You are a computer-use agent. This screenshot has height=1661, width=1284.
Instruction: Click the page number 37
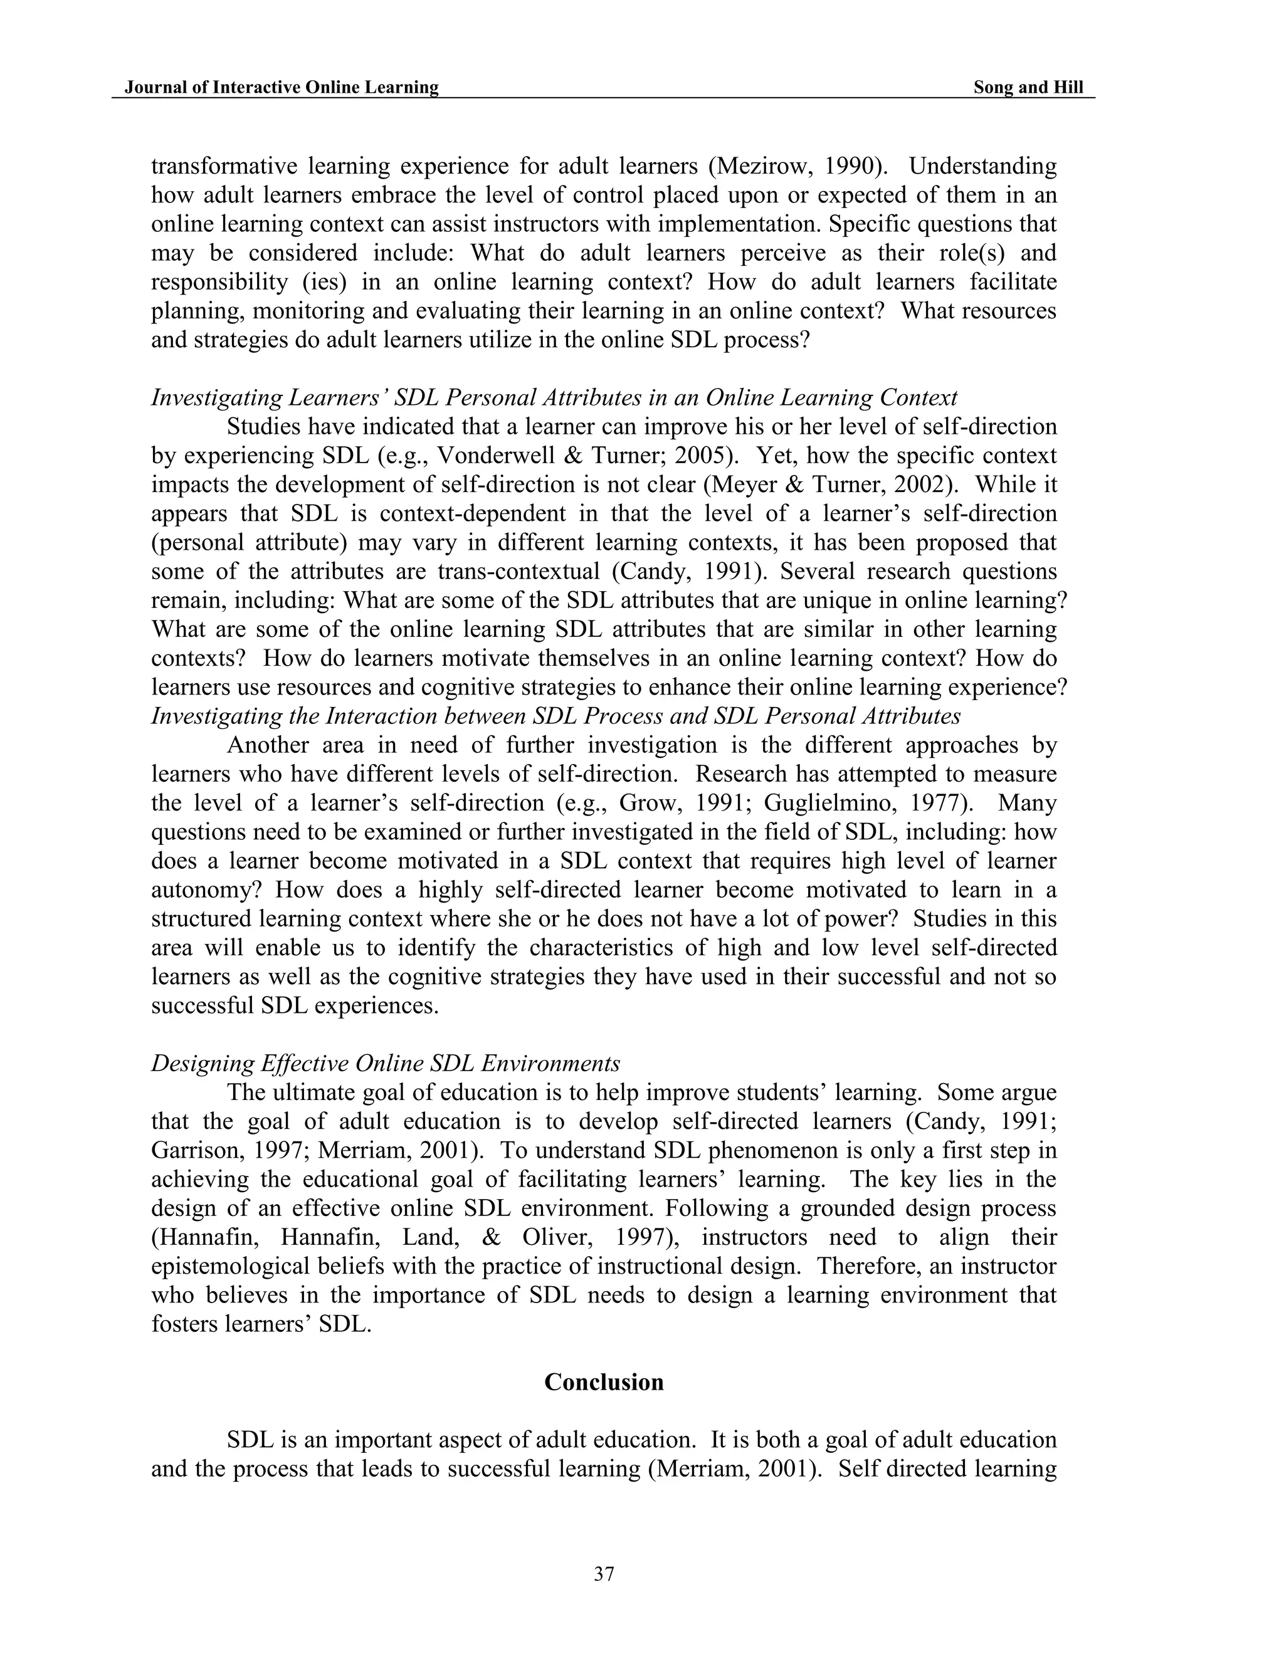tap(603, 1575)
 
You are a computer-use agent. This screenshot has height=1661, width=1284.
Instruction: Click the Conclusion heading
tap(603, 1382)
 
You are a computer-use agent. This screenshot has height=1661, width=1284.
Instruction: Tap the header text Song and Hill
tap(1028, 88)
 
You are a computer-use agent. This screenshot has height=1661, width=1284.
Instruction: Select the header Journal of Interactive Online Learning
tap(282, 88)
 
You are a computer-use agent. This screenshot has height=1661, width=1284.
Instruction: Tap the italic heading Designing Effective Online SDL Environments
tap(386, 1063)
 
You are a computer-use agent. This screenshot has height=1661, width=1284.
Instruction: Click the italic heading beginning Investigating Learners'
tap(554, 398)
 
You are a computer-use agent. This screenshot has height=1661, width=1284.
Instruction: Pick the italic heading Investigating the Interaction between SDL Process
tap(555, 716)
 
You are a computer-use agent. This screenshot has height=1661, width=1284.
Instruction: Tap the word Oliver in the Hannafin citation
tap(557, 1237)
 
